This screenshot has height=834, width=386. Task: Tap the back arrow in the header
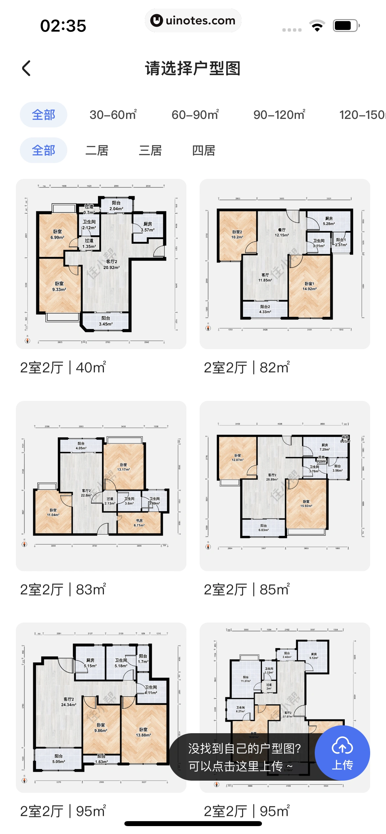26,68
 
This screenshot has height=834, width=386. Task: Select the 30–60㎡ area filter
113,115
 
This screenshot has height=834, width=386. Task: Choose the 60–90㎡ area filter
195,115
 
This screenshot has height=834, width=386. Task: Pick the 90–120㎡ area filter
279,115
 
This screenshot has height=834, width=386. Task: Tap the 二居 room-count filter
97,151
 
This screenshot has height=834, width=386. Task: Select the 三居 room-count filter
150,151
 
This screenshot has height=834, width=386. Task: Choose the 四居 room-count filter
204,151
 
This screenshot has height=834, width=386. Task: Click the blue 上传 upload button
342,753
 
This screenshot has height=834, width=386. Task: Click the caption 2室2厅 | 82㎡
247,368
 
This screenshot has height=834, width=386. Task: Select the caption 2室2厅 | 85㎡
247,590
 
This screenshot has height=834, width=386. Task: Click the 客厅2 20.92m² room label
112,264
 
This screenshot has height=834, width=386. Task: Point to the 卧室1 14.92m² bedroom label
309,286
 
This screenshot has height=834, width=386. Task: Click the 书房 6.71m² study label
139,523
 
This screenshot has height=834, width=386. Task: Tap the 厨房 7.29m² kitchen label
325,447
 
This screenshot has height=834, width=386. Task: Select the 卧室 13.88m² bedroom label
144,732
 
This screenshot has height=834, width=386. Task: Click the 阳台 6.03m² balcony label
263,528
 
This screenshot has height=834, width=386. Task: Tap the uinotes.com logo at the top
193,20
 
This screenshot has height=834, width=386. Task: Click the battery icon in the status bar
345,26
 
